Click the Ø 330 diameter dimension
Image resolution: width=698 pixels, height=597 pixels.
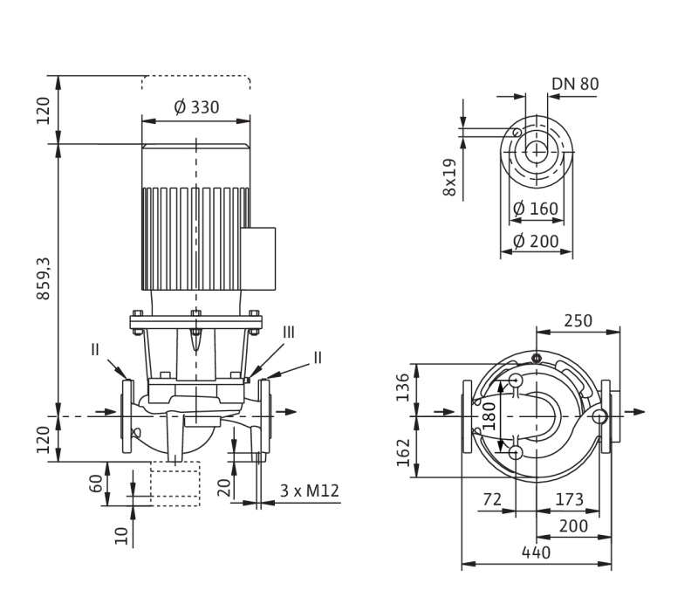click(196, 107)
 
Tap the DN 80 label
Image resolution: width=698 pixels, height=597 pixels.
click(575, 84)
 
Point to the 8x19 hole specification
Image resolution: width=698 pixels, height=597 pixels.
click(449, 176)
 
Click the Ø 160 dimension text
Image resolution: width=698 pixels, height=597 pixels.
click(535, 209)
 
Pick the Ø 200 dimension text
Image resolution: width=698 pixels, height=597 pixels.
click(535, 240)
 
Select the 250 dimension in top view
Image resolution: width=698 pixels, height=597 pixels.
click(577, 320)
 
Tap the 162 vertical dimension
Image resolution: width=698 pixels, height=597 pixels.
click(403, 452)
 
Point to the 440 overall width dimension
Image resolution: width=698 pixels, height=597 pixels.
click(536, 552)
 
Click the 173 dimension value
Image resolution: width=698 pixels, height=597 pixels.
click(568, 499)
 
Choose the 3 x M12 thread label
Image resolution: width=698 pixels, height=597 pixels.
click(309, 491)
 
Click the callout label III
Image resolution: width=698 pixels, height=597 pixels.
click(289, 333)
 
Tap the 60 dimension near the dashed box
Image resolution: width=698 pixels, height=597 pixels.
click(95, 484)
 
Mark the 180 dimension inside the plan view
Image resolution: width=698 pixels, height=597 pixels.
click(489, 415)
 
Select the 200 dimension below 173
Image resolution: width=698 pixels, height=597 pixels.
click(572, 525)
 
